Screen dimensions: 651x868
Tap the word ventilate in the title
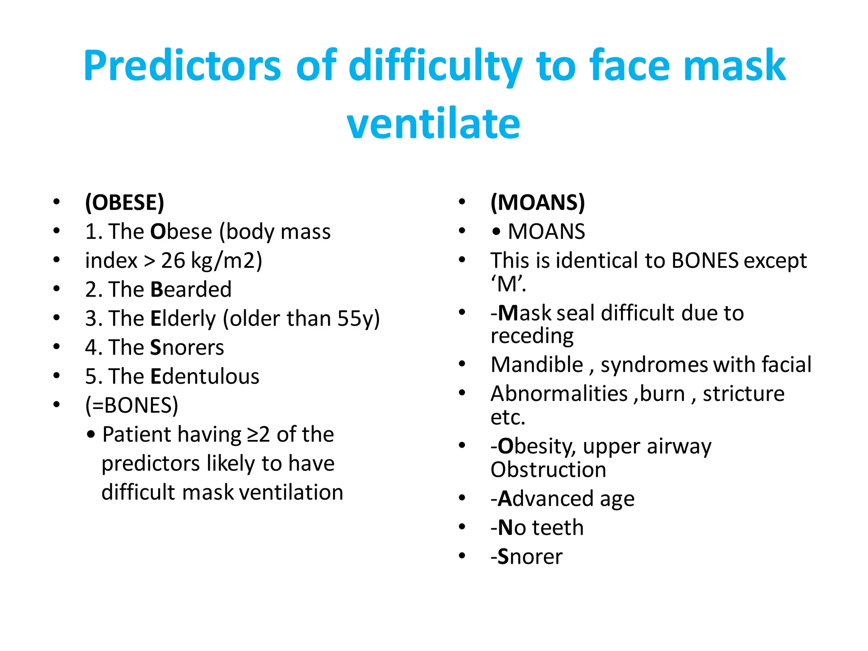pyautogui.click(x=433, y=124)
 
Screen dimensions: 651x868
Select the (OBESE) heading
pyautogui.click(x=125, y=202)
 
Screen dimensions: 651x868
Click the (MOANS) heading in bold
pyautogui.click(x=537, y=202)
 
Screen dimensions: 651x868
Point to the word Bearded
pyautogui.click(x=191, y=289)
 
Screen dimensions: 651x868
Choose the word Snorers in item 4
pyautogui.click(x=187, y=348)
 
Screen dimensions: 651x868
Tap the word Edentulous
pyautogui.click(x=205, y=376)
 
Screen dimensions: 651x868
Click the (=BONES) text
pyautogui.click(x=132, y=405)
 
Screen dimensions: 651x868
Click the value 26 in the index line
pyautogui.click(x=173, y=260)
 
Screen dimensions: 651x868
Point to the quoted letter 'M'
pyautogui.click(x=508, y=284)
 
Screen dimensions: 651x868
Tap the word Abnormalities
pyautogui.click(x=559, y=394)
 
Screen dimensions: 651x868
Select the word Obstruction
pyautogui.click(x=548, y=470)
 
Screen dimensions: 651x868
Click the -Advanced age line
pyautogui.click(x=562, y=499)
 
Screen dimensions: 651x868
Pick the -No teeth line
pyautogui.click(x=537, y=528)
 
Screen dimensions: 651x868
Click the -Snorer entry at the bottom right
pyautogui.click(x=526, y=556)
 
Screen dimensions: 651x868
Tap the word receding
pyautogui.click(x=532, y=336)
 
